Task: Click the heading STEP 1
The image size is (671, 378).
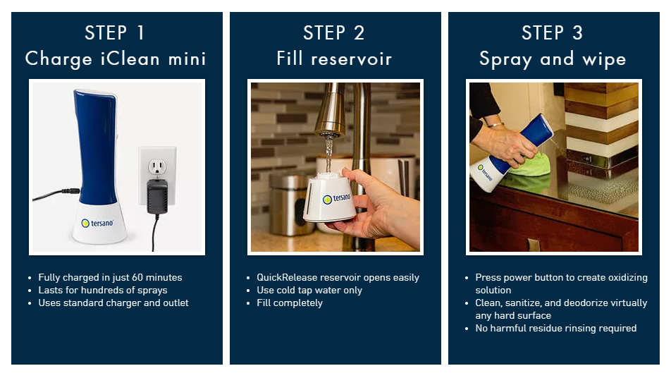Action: [114, 33]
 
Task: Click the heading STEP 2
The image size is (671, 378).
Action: [334, 33]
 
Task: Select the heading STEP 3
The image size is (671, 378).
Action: [552, 33]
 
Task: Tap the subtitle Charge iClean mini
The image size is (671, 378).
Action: [116, 59]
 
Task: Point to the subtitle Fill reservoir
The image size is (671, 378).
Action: [334, 59]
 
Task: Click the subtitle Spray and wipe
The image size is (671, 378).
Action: [553, 59]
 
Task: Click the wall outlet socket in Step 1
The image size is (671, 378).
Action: [157, 167]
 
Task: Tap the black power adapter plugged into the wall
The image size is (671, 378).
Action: [157, 197]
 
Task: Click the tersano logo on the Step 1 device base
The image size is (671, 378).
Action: [97, 223]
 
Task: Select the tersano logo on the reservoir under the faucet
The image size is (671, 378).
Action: [336, 198]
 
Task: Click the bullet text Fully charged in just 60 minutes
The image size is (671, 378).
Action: [110, 277]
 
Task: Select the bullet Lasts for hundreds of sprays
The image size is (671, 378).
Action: [103, 291]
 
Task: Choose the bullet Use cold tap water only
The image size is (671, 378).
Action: [309, 291]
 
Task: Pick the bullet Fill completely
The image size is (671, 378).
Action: [290, 303]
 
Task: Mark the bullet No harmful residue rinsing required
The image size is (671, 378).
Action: [556, 329]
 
